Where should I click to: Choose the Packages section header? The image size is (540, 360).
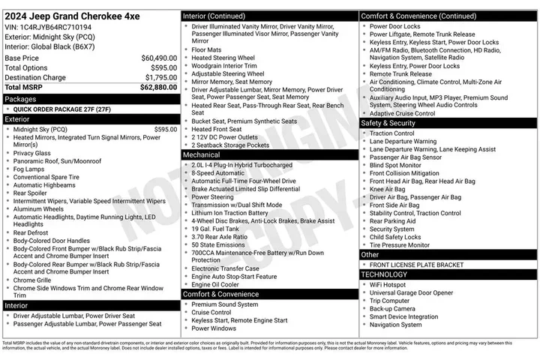tap(21, 98)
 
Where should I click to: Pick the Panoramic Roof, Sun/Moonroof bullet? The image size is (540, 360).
tap(58, 160)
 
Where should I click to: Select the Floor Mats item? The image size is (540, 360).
tap(205, 49)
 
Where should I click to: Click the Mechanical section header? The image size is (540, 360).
tap(202, 154)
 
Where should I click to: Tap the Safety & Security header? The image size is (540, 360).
tap(388, 123)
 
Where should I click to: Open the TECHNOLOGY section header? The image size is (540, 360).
tap(384, 274)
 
